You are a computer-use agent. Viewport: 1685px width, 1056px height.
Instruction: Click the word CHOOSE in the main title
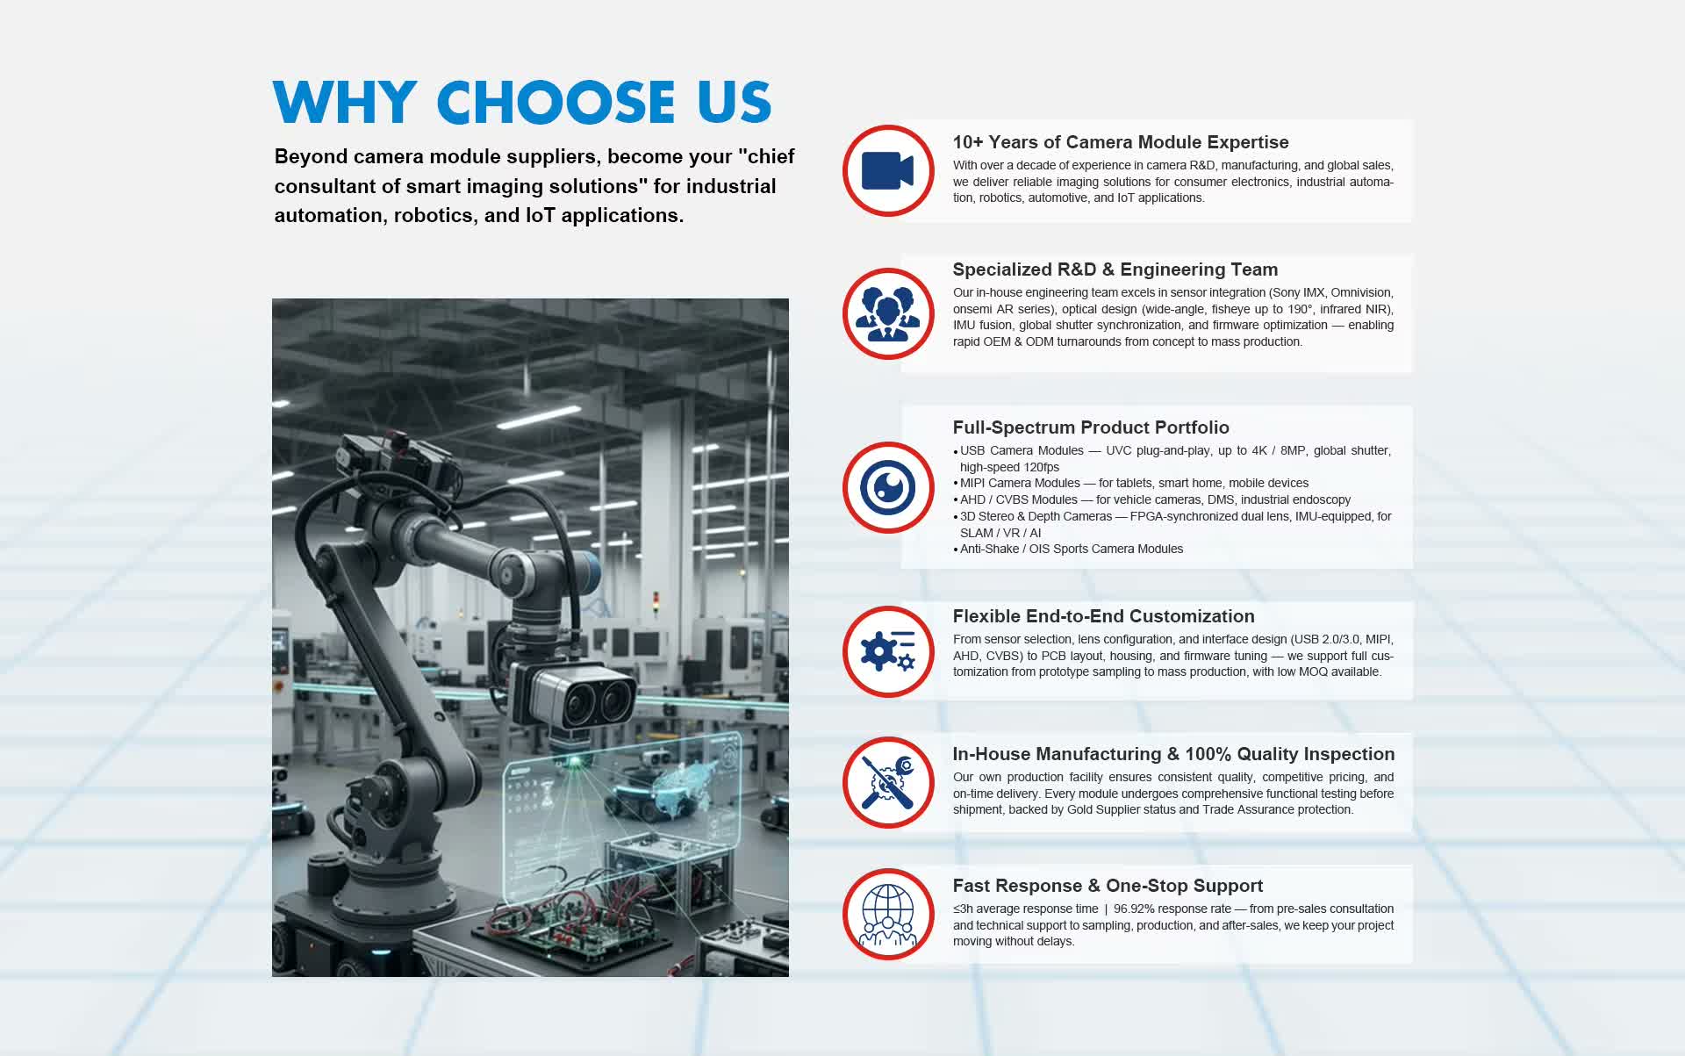(x=556, y=103)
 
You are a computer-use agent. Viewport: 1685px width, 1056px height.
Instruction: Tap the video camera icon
(x=887, y=170)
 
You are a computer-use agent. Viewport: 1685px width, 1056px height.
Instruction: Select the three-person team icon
(x=887, y=313)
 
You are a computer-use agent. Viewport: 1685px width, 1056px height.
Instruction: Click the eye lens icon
(x=887, y=487)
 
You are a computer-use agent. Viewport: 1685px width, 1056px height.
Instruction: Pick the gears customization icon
(x=887, y=651)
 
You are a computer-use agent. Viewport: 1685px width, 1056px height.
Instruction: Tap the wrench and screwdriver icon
(x=887, y=782)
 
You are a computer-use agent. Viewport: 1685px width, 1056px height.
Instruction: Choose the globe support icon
(x=887, y=915)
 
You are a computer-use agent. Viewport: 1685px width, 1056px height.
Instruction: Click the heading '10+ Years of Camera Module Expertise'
(x=1121, y=142)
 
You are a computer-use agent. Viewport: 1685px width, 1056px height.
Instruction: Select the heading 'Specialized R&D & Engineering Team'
(x=1115, y=269)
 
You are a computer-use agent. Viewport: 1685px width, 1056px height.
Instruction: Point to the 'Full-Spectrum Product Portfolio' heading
(x=1091, y=427)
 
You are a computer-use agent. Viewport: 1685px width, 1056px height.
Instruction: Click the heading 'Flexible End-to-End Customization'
(x=1104, y=616)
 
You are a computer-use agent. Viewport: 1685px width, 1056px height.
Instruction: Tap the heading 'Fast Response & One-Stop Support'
(x=1108, y=886)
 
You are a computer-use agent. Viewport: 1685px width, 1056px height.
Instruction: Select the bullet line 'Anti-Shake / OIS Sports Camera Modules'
(x=1072, y=550)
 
